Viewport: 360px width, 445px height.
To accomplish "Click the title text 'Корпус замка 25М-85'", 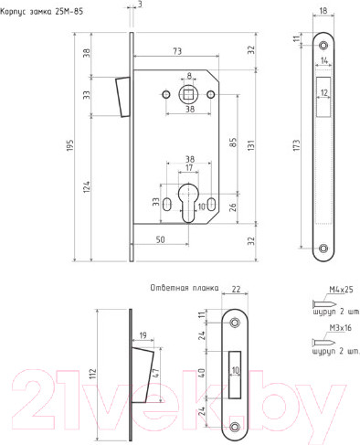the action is tap(42, 12).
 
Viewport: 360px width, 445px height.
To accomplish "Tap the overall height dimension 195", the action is tap(70, 145).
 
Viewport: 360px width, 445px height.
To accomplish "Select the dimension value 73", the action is tap(177, 51).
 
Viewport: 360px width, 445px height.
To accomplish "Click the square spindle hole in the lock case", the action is tap(189, 94).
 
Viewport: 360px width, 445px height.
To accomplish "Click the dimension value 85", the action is tap(233, 143).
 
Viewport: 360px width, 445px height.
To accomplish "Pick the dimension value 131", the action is tap(250, 145).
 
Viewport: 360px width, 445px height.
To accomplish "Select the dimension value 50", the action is tap(160, 239).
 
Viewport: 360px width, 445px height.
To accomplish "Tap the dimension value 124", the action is tap(87, 186).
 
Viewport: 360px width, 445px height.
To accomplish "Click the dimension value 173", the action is tap(296, 145).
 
